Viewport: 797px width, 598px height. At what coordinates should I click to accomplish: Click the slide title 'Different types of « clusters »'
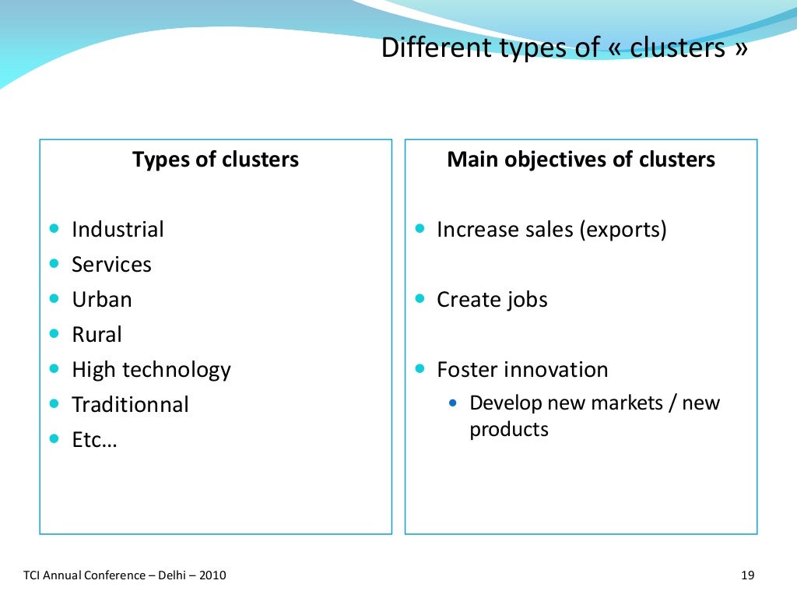[x=565, y=48]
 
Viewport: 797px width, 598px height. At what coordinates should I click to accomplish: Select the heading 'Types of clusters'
[x=216, y=160]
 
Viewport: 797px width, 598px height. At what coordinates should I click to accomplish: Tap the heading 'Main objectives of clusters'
[x=581, y=160]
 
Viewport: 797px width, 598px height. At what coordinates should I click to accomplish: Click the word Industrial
[x=118, y=230]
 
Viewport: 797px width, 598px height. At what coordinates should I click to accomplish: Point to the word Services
[x=111, y=265]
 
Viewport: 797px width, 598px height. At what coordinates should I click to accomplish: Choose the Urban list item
[x=101, y=300]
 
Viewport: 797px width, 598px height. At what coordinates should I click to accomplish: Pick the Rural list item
[x=97, y=335]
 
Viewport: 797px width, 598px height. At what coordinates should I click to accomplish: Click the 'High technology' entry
[x=151, y=370]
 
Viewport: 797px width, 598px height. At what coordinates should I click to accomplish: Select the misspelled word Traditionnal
[x=130, y=405]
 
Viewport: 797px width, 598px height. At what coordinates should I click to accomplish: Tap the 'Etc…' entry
[x=94, y=440]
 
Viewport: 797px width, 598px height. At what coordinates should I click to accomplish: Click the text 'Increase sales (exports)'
[x=552, y=230]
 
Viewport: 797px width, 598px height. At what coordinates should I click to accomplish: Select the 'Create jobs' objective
[x=492, y=300]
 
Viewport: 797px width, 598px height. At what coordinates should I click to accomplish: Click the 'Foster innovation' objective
[x=522, y=370]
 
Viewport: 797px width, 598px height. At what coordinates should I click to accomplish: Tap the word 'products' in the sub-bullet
[x=508, y=429]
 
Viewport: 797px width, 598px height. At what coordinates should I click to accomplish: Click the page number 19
[x=748, y=575]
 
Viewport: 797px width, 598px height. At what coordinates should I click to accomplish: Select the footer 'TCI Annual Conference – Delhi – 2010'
[x=125, y=575]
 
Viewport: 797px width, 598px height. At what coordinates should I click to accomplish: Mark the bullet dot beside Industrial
[x=54, y=229]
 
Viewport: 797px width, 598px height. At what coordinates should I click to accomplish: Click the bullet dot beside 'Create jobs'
[x=420, y=299]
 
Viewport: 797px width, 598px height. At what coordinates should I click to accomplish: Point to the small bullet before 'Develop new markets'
[x=455, y=403]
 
